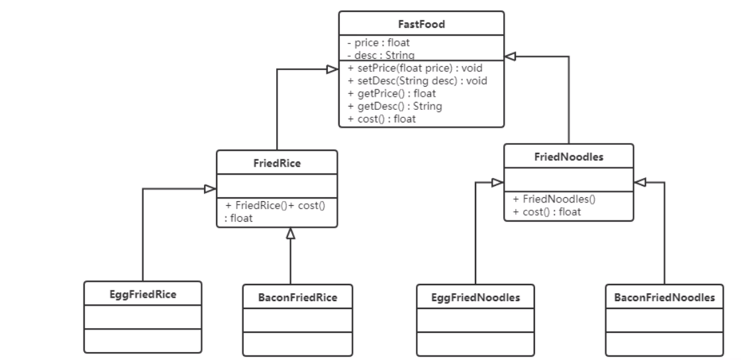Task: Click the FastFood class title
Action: (x=421, y=24)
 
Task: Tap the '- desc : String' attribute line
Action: (x=376, y=54)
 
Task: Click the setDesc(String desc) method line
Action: (x=417, y=81)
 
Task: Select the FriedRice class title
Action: (x=277, y=163)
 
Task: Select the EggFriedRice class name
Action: (x=142, y=294)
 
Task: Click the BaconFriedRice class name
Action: (x=297, y=297)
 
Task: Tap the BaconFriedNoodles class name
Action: (x=664, y=297)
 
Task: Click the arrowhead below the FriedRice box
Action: (x=290, y=233)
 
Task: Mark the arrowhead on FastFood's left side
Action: (x=333, y=68)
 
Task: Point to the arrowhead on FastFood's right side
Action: (x=510, y=57)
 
